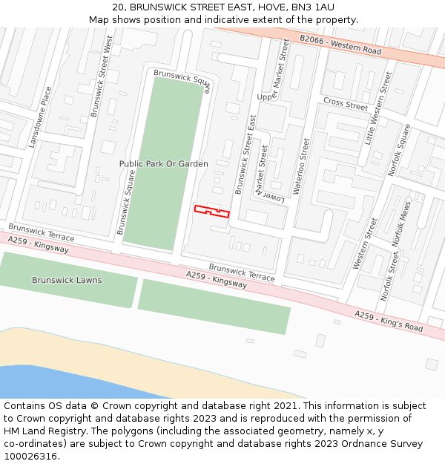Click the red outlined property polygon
pos(211,212)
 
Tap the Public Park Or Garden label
pos(163,163)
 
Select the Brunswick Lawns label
pos(67,280)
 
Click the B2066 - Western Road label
pos(340,45)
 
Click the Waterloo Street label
pos(301,166)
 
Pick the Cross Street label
pos(345,104)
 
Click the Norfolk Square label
pos(399,149)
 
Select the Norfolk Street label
pos(389,275)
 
